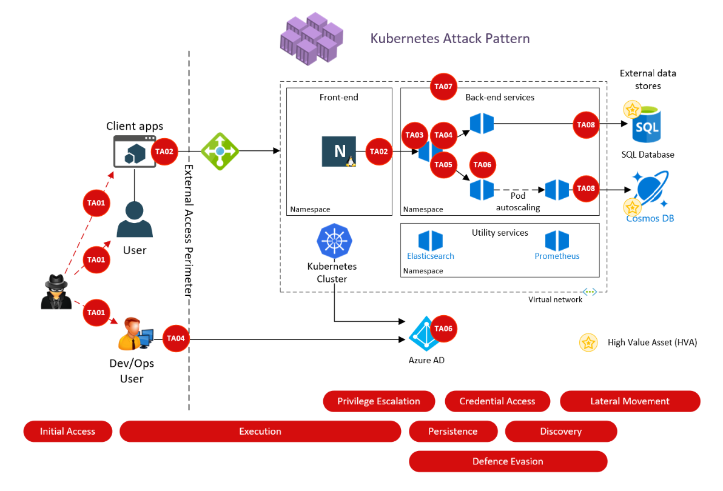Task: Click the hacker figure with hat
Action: coord(56,292)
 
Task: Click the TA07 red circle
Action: coord(443,87)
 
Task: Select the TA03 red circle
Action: coord(414,135)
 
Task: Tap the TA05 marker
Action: coord(443,164)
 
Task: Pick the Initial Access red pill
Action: coord(68,432)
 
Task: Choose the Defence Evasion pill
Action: coord(508,461)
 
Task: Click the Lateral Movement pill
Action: coord(630,401)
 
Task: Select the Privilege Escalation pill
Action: coord(378,401)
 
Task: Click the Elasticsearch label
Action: coord(431,256)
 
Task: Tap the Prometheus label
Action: coord(557,256)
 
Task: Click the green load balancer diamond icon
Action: coord(220,151)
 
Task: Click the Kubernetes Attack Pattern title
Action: coord(450,39)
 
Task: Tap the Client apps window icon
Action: coord(135,151)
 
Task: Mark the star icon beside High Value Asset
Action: coord(588,342)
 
